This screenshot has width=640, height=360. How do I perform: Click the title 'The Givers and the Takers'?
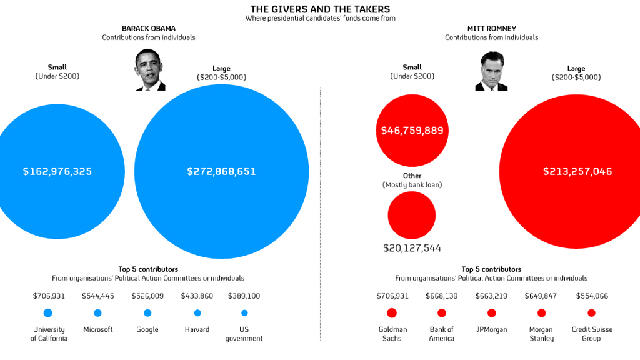(x=320, y=9)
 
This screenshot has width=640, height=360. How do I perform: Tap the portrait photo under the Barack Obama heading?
(x=149, y=70)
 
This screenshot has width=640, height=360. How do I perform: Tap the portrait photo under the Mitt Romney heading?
(x=491, y=71)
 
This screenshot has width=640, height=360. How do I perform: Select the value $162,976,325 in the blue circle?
(x=57, y=171)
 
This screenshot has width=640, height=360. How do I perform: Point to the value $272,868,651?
(x=221, y=171)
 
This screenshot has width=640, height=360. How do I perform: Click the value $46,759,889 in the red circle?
(x=412, y=131)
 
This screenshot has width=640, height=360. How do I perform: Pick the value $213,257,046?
(x=577, y=171)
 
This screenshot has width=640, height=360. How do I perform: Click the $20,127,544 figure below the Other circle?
(x=412, y=248)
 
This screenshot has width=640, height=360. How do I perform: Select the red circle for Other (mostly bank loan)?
(x=412, y=216)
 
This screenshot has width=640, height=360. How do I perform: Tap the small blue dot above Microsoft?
(x=97, y=313)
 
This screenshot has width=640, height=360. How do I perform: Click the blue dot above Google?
(x=147, y=313)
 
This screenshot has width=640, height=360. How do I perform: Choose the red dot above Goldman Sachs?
(x=392, y=313)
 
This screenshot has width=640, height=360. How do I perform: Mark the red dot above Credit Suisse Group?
(x=591, y=313)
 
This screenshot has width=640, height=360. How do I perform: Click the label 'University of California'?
(x=48, y=334)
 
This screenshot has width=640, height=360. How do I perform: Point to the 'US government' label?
(x=244, y=334)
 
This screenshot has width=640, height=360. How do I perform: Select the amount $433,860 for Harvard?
(x=197, y=296)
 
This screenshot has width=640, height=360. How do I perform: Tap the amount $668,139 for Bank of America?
(x=442, y=296)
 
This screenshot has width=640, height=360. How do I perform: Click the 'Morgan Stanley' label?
(x=541, y=334)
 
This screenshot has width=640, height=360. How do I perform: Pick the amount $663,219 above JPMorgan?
(x=491, y=296)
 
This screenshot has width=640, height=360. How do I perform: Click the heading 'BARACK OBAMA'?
(x=149, y=28)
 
